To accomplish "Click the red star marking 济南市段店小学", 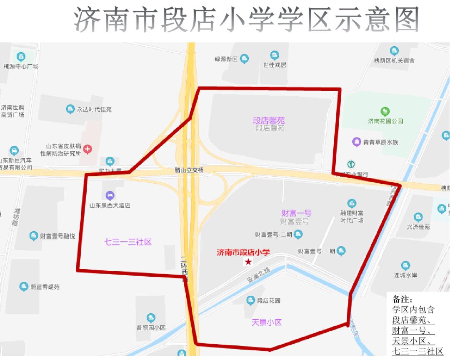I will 248,262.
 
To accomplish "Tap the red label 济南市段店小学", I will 243,252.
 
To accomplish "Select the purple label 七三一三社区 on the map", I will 127,242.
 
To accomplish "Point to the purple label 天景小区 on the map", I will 267,322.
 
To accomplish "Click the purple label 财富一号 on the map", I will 296,213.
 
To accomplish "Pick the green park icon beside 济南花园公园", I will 385,111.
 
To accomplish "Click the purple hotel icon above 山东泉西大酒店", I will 110,195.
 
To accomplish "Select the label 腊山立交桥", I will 189,170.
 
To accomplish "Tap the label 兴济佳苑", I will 418,227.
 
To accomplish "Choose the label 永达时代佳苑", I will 94,110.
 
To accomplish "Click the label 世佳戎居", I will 275,65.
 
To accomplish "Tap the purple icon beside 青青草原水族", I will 357,142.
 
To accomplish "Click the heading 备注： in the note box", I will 402,300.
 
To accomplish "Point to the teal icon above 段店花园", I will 250,300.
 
